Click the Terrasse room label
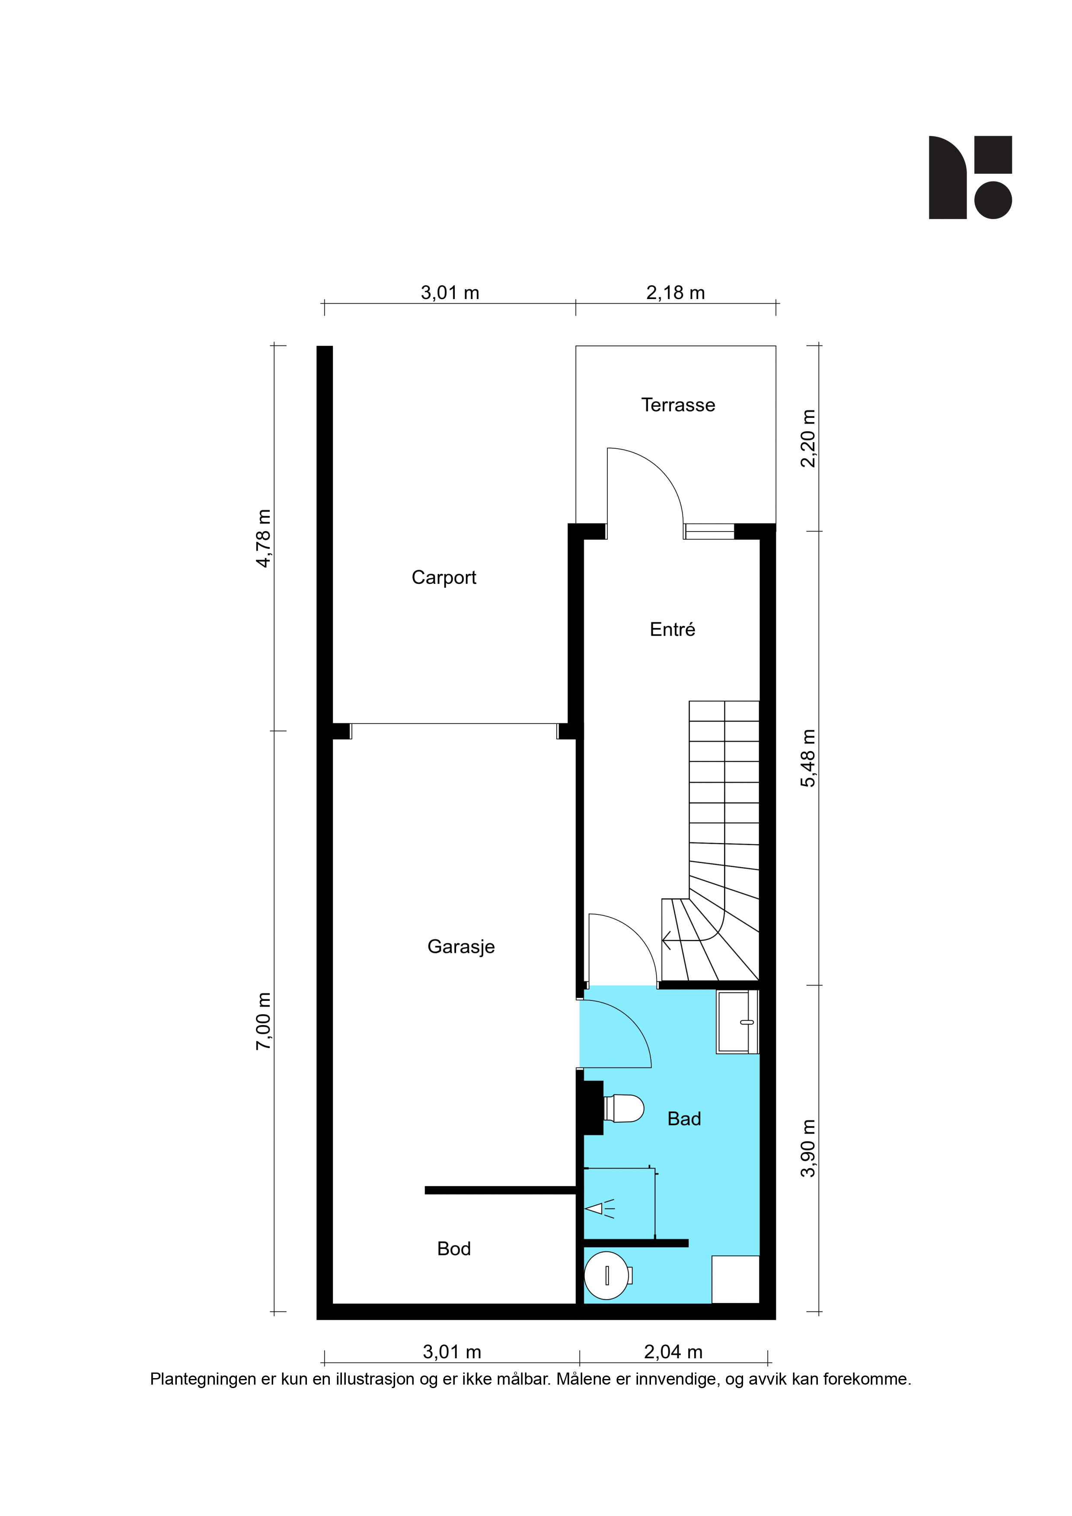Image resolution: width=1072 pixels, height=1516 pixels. [x=678, y=405]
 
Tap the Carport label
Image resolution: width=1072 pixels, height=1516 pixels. [x=444, y=578]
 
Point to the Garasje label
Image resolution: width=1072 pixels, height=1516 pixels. [x=461, y=947]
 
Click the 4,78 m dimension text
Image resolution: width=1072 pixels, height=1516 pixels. [x=264, y=538]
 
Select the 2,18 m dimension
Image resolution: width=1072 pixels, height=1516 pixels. [x=675, y=293]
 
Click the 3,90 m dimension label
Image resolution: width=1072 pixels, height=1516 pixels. [x=808, y=1148]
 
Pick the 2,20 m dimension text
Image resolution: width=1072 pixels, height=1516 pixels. [x=808, y=439]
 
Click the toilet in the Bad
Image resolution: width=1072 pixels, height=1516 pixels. [x=623, y=1108]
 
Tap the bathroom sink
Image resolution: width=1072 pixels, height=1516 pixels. [x=737, y=1022]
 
